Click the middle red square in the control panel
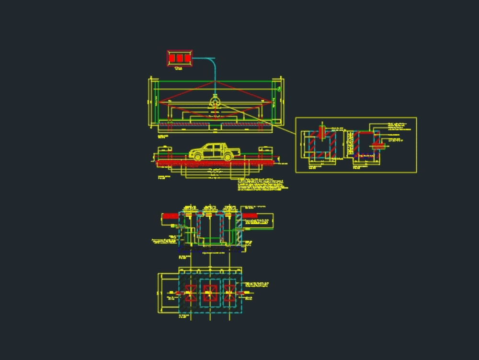(180, 58)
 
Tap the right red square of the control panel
(187, 58)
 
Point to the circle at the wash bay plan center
(215, 101)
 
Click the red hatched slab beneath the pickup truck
(216, 163)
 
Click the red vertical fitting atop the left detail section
(322, 131)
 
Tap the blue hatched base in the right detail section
(366, 156)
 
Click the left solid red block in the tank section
(169, 216)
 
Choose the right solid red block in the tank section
(250, 216)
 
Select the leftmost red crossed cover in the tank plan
(190, 293)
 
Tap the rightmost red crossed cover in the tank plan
(230, 293)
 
